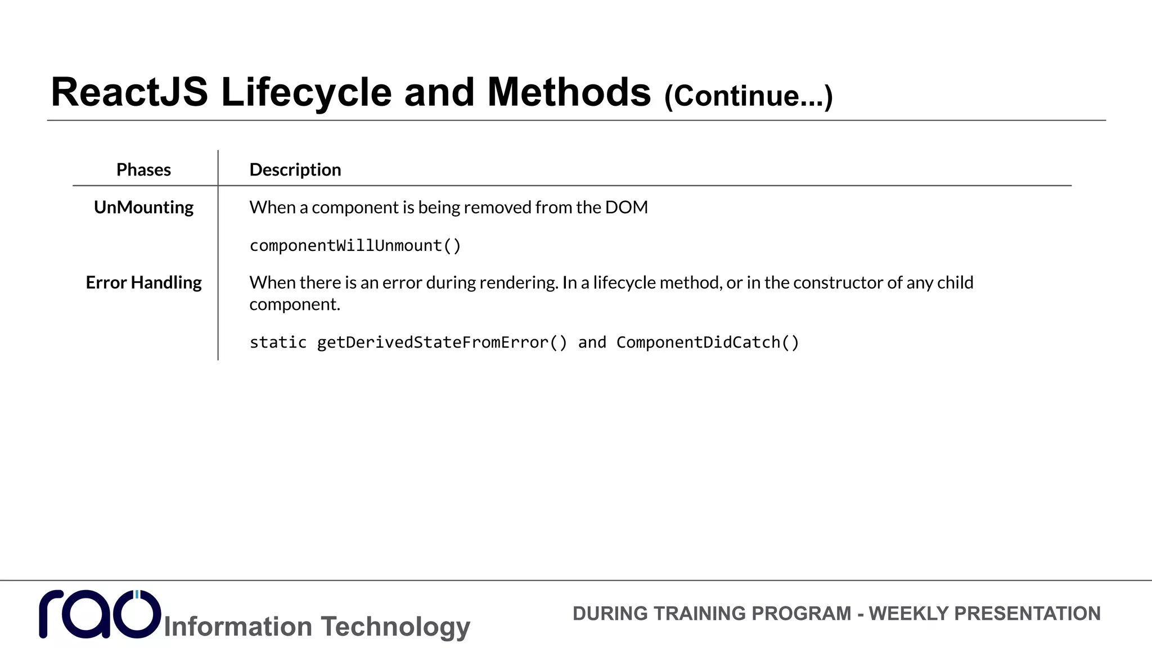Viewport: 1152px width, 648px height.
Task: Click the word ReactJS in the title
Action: (x=129, y=93)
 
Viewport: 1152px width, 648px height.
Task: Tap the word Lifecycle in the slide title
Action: (x=306, y=93)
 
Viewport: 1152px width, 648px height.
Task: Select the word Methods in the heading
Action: (x=569, y=93)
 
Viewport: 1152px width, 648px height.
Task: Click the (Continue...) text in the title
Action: (x=748, y=96)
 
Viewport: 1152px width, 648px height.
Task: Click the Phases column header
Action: (x=143, y=170)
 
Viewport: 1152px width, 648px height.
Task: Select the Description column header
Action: (x=295, y=170)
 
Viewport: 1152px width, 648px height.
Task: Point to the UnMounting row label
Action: (x=143, y=208)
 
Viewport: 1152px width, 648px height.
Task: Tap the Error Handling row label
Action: (x=143, y=282)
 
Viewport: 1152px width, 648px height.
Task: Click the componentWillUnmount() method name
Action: (x=355, y=246)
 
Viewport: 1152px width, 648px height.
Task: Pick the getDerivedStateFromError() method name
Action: (x=442, y=343)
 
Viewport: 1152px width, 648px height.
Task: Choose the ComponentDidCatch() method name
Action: (x=708, y=343)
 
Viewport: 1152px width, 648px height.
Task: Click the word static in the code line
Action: (x=278, y=343)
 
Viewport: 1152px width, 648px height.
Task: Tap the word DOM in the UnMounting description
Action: (x=626, y=208)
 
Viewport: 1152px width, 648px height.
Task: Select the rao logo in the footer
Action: (x=100, y=614)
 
